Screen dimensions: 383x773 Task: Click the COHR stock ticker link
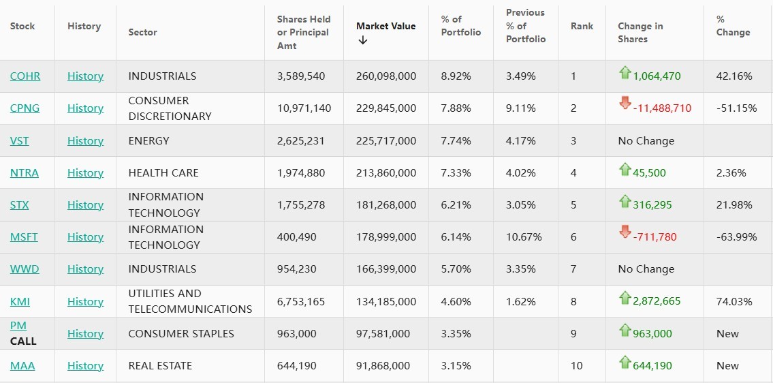coord(25,76)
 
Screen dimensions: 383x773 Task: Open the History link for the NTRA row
coord(85,173)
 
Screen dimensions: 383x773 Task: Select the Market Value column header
coord(385,26)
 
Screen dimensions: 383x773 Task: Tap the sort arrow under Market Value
coord(362,40)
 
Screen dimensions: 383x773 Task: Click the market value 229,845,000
coord(385,108)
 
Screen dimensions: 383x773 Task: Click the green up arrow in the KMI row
coord(625,297)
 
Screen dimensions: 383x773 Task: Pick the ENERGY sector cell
coord(148,141)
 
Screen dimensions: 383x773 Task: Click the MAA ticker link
coord(22,366)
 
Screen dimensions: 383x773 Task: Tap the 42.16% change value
coord(734,76)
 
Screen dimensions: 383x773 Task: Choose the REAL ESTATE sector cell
coord(160,366)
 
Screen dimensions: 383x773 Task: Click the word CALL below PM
coord(23,341)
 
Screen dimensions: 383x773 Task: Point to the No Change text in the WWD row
coord(646,269)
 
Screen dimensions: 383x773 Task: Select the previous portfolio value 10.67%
coord(524,237)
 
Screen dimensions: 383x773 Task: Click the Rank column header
coord(582,26)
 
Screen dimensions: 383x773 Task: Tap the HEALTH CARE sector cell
coord(163,173)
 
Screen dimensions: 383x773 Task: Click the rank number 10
coord(577,366)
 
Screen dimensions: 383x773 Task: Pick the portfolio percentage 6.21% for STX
coord(456,205)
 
